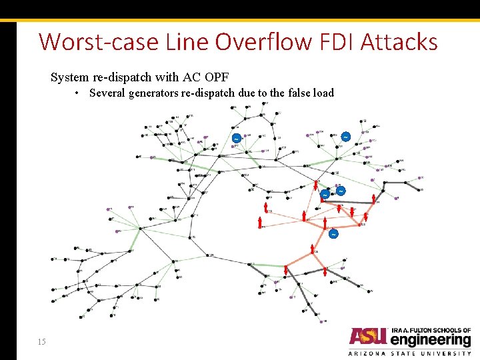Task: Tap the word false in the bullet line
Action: coord(293,93)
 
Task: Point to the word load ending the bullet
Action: coord(322,93)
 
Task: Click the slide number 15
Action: coord(42,342)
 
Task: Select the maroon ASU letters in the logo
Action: coord(367,337)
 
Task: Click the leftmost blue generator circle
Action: coord(236,138)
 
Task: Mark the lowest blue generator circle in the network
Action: coord(333,234)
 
